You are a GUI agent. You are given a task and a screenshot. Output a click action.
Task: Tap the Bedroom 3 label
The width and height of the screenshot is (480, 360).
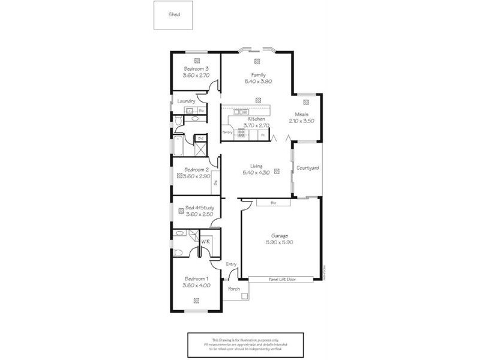(196, 69)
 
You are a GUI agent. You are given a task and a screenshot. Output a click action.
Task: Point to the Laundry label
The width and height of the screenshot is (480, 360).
(186, 101)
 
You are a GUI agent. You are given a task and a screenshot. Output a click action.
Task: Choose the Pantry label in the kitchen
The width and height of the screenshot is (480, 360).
(227, 132)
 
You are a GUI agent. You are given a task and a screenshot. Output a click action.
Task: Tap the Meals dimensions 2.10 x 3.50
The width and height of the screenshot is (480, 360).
(301, 121)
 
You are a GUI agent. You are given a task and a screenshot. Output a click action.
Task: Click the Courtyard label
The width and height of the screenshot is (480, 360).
(308, 168)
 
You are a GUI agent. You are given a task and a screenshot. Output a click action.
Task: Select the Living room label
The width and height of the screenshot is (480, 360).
(257, 166)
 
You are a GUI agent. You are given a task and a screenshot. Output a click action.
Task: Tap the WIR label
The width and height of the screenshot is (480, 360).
(205, 241)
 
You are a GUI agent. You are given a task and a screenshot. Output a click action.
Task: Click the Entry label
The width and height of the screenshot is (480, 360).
(230, 264)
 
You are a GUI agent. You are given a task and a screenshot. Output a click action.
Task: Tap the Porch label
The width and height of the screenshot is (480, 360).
(234, 289)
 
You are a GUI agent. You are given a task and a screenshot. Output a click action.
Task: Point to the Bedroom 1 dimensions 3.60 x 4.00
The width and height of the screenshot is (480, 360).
(196, 285)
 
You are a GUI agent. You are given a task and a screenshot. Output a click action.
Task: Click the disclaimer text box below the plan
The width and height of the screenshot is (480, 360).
(245, 344)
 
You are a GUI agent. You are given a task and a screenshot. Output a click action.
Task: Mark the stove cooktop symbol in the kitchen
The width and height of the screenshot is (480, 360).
(240, 134)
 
